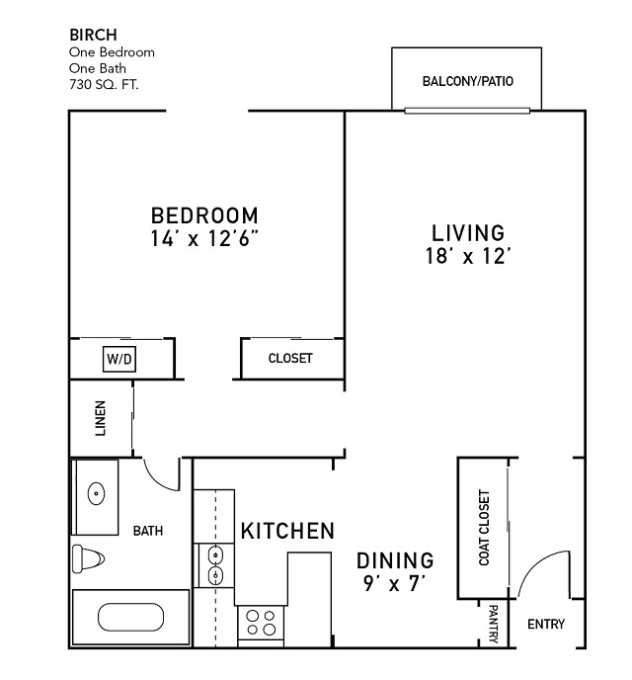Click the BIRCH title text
click(93, 35)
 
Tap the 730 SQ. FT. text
click(104, 84)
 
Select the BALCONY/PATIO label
click(467, 81)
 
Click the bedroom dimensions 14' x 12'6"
click(204, 238)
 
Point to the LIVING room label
click(468, 233)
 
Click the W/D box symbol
click(119, 359)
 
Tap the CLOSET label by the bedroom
click(290, 358)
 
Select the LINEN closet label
click(100, 418)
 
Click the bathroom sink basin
click(96, 493)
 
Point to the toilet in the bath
click(88, 559)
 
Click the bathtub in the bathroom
click(130, 617)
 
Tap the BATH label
click(148, 531)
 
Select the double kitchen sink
click(215, 565)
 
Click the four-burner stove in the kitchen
click(261, 623)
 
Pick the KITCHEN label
click(287, 531)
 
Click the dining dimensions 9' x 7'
click(394, 584)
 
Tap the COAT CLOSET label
click(484, 528)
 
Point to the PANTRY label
click(493, 624)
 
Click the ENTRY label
click(546, 624)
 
